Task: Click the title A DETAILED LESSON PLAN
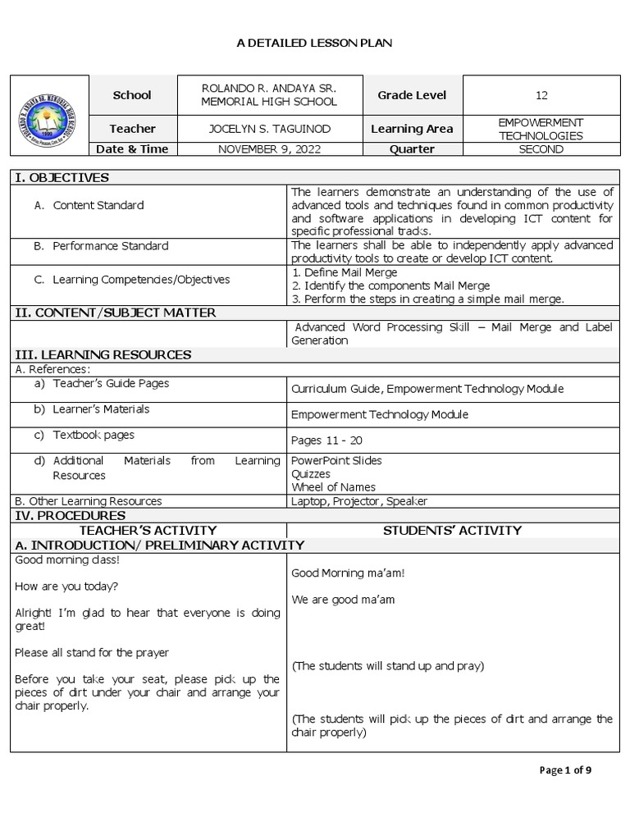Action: tap(314, 43)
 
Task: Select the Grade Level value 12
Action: tap(541, 95)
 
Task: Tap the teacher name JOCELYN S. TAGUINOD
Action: tap(269, 129)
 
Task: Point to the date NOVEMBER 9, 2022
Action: tap(269, 149)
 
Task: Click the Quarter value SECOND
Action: tap(541, 149)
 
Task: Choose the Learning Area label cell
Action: tap(411, 129)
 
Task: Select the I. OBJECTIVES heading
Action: tap(62, 177)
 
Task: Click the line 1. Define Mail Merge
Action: tap(345, 272)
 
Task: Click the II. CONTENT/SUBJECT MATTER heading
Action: tap(116, 313)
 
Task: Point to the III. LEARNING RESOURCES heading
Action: tap(103, 354)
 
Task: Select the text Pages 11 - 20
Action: tap(326, 441)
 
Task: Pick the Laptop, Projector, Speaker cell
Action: tap(359, 501)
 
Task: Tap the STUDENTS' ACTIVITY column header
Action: tap(452, 531)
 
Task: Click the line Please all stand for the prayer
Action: tap(92, 653)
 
